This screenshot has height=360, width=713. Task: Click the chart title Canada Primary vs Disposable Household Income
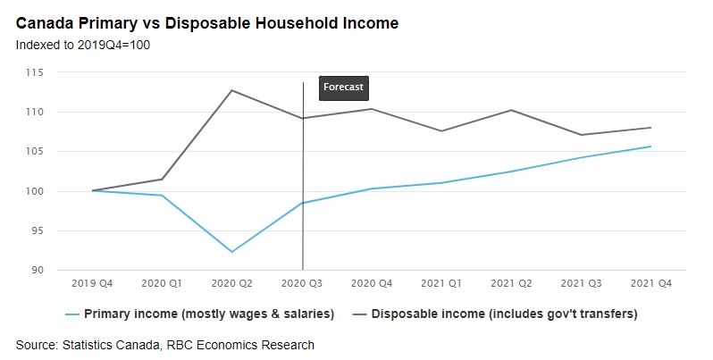pos(207,22)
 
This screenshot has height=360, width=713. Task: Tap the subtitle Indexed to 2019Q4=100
pos(82,44)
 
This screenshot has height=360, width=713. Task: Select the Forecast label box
pos(344,88)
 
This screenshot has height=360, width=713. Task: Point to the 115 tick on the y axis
pos(48,72)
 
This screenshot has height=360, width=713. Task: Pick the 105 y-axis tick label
pos(48,152)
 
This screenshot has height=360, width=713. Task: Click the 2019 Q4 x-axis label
pos(93,283)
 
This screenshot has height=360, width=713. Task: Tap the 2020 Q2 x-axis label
pos(232,283)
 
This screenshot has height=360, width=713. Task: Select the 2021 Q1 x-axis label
pos(441,283)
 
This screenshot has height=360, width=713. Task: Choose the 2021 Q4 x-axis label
pos(650,283)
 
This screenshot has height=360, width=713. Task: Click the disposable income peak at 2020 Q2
pos(232,90)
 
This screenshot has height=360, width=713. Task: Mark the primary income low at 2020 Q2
pos(232,252)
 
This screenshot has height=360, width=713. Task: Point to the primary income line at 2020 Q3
pos(303,203)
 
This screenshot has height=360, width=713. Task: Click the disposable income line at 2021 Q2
pos(511,110)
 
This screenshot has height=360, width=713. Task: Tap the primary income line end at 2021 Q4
pos(650,147)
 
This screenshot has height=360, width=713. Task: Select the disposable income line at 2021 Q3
pos(581,135)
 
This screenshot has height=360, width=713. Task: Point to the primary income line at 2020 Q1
pos(163,196)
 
